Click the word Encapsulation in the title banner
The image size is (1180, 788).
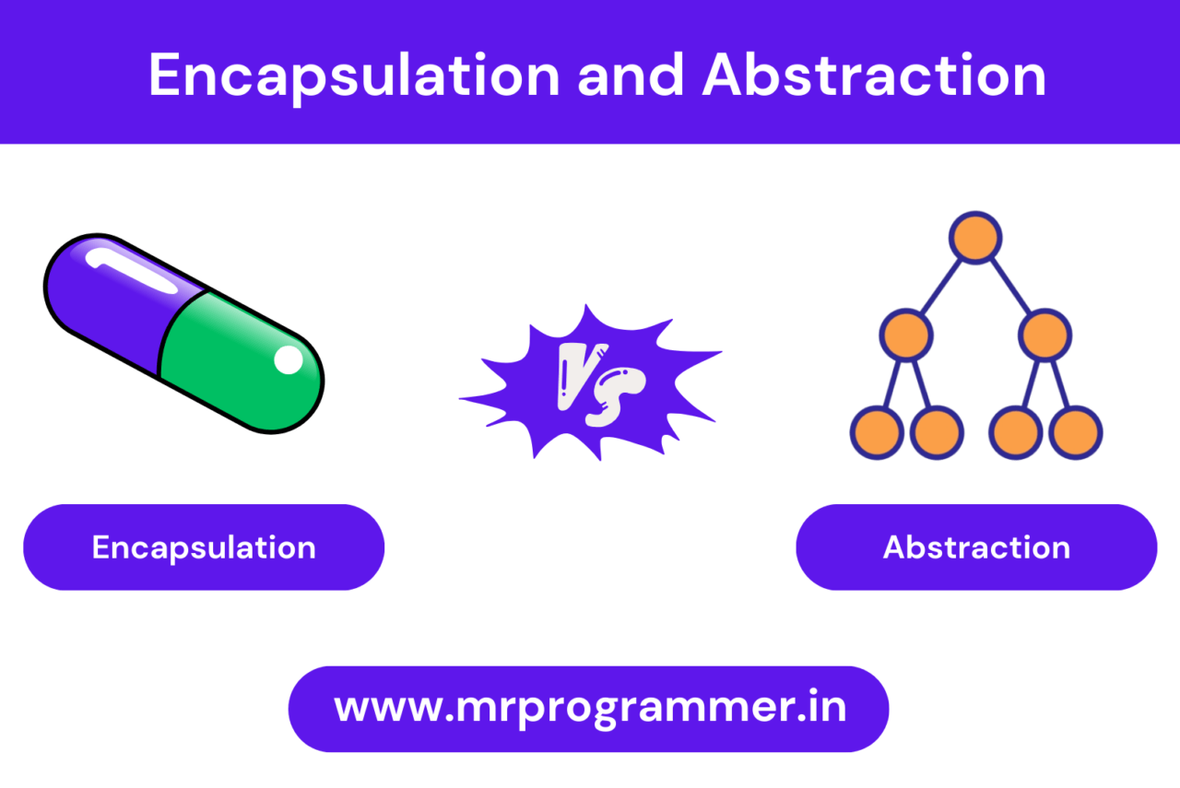[354, 76]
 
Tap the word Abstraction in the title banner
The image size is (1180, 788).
[874, 76]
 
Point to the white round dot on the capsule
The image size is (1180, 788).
[289, 360]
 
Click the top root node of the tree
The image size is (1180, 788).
[976, 239]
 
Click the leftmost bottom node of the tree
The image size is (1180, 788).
[876, 431]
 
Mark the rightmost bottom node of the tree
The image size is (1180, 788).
[1076, 431]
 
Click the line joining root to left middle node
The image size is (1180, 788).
[940, 288]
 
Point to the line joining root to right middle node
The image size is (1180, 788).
[1011, 288]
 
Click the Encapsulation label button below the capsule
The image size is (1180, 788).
[204, 547]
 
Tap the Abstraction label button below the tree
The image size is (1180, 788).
[976, 547]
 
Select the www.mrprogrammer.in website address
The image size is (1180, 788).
[589, 709]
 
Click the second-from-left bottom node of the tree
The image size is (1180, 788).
[937, 431]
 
